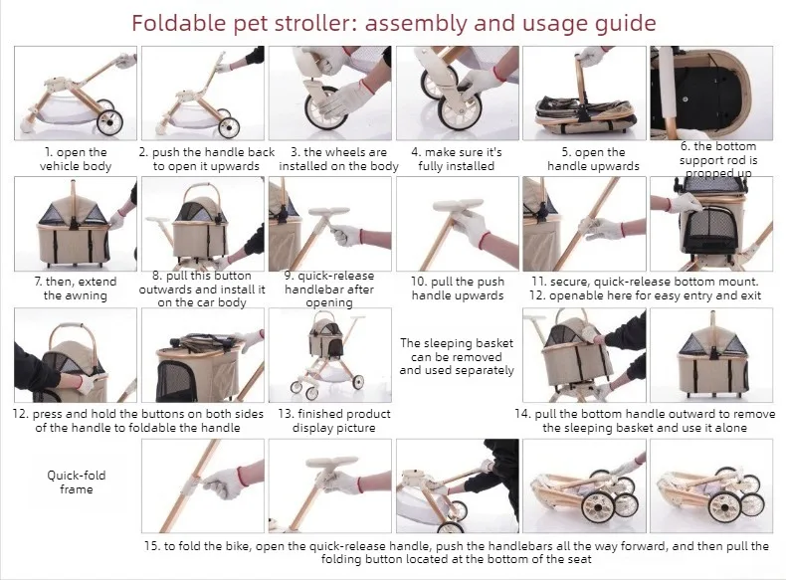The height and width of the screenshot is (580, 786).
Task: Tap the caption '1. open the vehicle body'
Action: (76, 159)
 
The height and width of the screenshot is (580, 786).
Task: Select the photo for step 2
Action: (203, 94)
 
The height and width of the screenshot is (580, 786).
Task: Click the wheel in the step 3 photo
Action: (324, 108)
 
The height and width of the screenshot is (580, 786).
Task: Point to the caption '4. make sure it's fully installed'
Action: (456, 159)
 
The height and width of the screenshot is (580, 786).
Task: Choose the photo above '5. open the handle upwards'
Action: (584, 94)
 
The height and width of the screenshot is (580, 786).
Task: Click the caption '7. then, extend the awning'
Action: (76, 289)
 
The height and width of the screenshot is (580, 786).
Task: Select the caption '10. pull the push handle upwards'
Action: (457, 289)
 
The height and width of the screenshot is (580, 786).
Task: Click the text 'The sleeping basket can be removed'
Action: (456, 350)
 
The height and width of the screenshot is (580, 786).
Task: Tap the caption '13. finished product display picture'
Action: (334, 421)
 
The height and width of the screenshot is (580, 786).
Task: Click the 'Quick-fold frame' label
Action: (77, 483)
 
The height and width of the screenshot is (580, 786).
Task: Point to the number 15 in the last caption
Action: (151, 546)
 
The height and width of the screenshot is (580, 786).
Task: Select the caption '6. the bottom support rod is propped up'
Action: (718, 160)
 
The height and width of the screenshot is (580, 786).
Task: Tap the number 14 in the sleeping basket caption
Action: (521, 414)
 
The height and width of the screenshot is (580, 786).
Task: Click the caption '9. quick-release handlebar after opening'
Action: (329, 290)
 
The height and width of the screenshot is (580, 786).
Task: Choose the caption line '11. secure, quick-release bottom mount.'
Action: (645, 282)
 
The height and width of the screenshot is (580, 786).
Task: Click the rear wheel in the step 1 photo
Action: (109, 122)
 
